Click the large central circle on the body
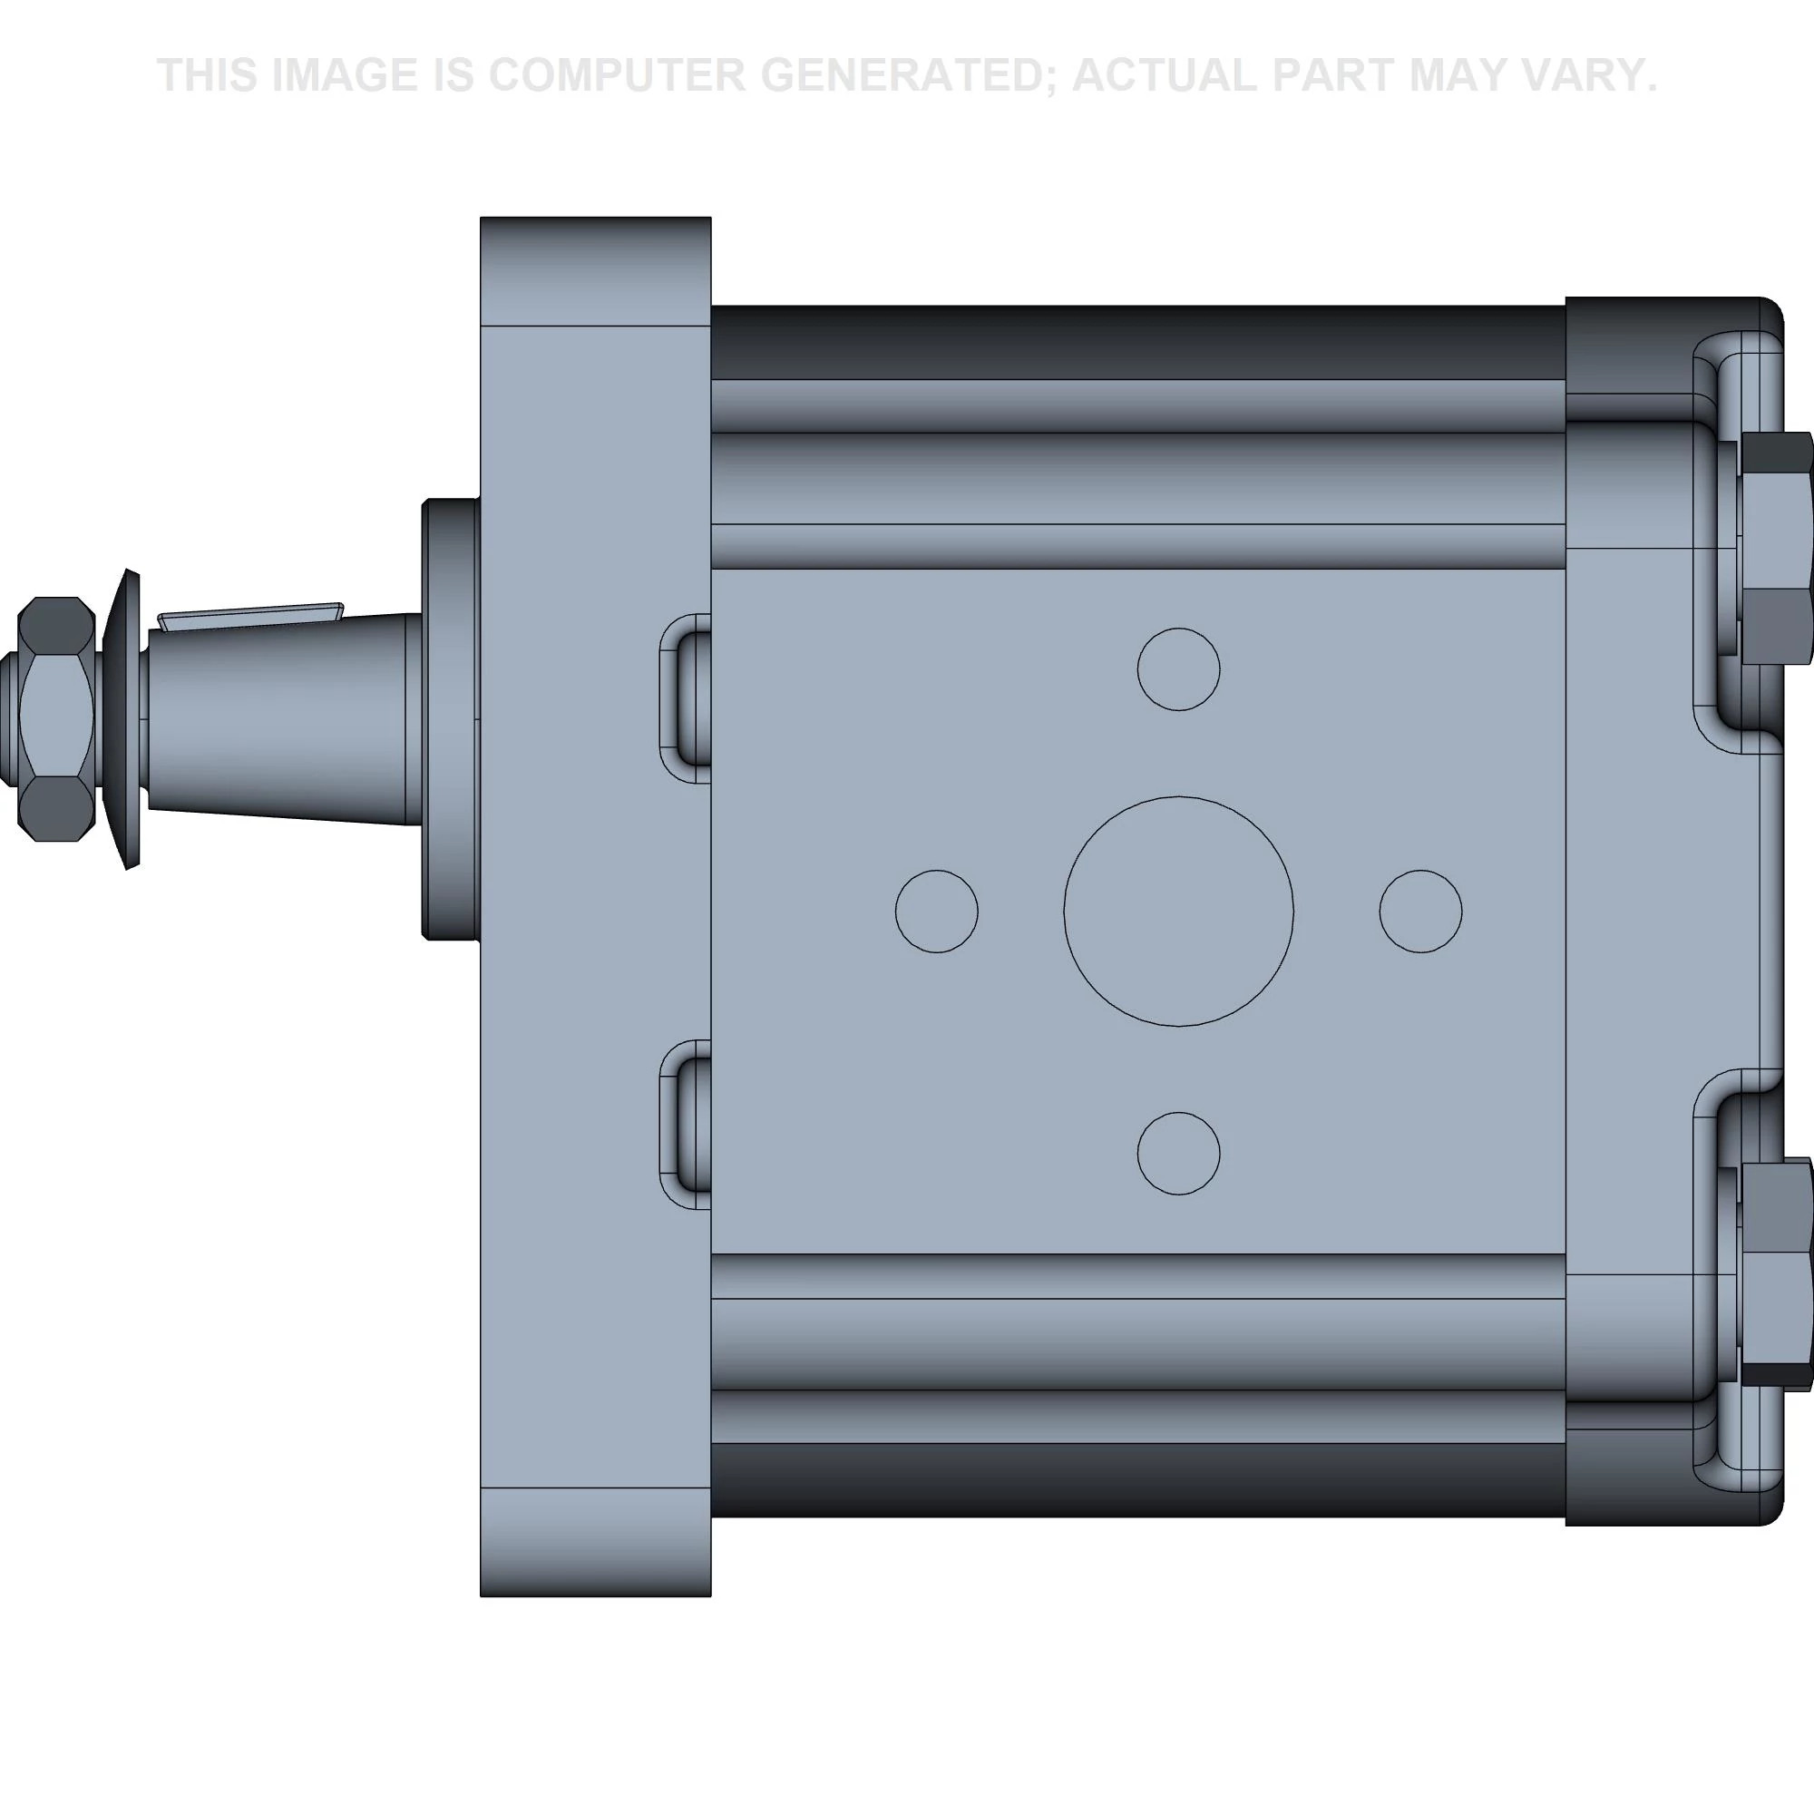pyautogui.click(x=1178, y=911)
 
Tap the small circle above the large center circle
pyautogui.click(x=1178, y=668)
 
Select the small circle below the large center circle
pyautogui.click(x=1178, y=1153)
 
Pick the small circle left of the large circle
pyautogui.click(x=936, y=911)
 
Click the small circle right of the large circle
pyautogui.click(x=1420, y=911)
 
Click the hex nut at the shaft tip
pyautogui.click(x=56, y=719)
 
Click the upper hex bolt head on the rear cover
pyautogui.click(x=1775, y=548)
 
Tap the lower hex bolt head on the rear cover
pyautogui.click(x=1775, y=1274)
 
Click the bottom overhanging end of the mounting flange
pyautogui.click(x=595, y=1542)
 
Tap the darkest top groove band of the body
pyautogui.click(x=1136, y=342)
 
